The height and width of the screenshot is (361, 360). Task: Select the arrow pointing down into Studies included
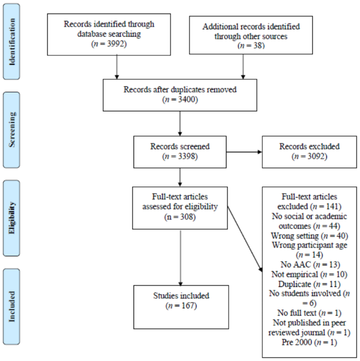pos(181,257)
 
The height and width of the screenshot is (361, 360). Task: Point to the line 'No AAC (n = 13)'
pos(307,263)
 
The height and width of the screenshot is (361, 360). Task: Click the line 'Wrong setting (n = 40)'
pos(307,236)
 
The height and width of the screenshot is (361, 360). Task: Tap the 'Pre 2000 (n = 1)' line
pos(307,343)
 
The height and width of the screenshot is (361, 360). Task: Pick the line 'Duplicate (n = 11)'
pos(307,282)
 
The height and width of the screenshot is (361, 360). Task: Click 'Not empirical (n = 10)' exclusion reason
pos(307,273)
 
